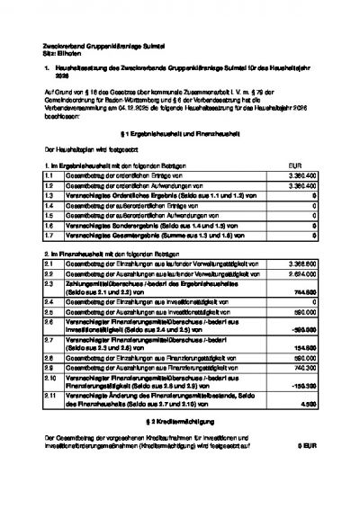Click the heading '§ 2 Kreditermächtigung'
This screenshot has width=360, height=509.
179,422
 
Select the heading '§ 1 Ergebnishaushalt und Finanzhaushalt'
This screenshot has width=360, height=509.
179,133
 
